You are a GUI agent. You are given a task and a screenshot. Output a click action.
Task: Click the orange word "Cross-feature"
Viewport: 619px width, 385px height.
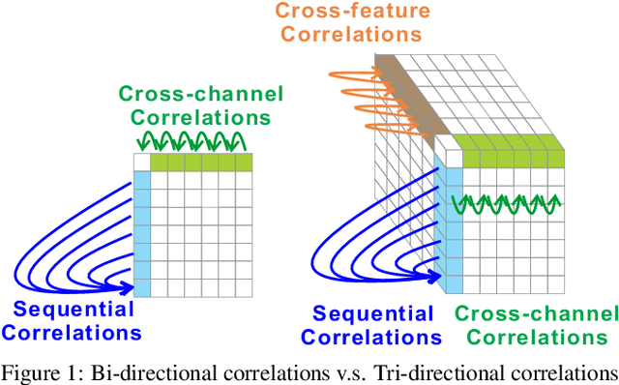(349, 12)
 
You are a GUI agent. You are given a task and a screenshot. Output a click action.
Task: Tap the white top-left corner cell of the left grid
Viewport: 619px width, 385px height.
(141, 163)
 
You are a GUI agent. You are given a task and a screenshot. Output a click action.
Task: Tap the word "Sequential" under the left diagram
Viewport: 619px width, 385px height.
(74, 310)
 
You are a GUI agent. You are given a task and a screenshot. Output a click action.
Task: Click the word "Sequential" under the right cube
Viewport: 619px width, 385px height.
(374, 313)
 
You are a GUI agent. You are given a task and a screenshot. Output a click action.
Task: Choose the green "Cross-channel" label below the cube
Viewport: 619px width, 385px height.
(535, 313)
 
